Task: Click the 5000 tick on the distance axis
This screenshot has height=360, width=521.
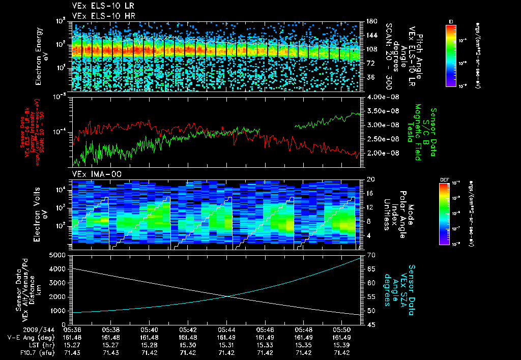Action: click(60, 255)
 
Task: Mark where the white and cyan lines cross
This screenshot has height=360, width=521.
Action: click(229, 296)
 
